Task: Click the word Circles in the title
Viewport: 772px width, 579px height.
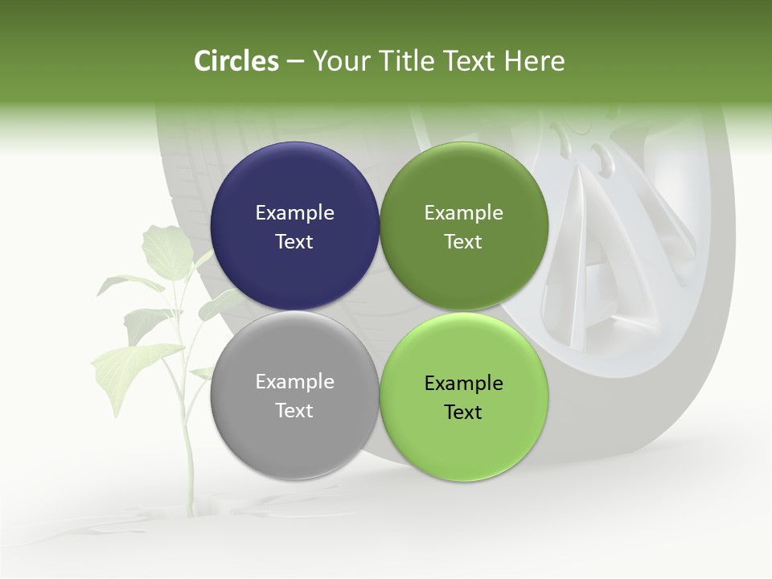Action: click(236, 61)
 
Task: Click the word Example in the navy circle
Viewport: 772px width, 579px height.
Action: click(294, 212)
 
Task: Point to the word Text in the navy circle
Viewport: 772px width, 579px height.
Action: click(294, 241)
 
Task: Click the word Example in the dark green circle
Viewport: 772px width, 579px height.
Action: click(463, 212)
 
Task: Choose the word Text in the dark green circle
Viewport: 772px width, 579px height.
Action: click(463, 241)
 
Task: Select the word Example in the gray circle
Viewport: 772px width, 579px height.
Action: click(294, 381)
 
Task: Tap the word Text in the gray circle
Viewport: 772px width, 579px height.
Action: click(294, 410)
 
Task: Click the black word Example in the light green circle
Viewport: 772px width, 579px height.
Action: click(463, 383)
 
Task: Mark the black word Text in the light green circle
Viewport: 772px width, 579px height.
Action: click(463, 412)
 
